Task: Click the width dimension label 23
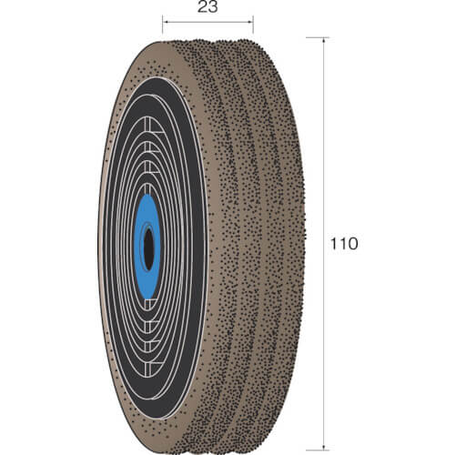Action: (x=207, y=7)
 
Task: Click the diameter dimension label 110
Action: (x=344, y=244)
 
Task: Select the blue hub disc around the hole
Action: (x=147, y=247)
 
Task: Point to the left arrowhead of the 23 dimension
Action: (x=166, y=22)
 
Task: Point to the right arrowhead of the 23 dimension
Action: (x=250, y=22)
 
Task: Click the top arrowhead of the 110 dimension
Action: (x=324, y=40)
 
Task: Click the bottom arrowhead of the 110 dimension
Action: (x=324, y=448)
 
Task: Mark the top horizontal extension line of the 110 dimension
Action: (x=318, y=37)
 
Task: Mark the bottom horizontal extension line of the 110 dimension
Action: (x=318, y=450)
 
